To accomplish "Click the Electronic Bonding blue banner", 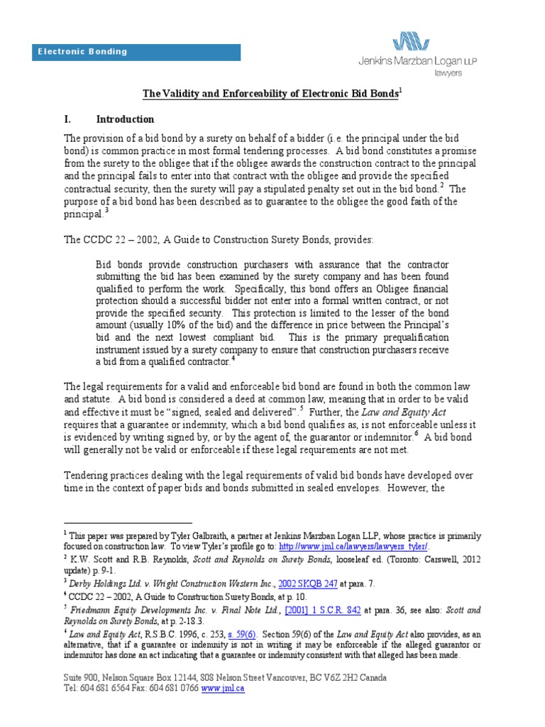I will coord(139,52).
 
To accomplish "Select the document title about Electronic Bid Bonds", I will coord(270,94).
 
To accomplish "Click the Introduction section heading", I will coord(125,119).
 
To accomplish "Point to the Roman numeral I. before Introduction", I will coord(68,119).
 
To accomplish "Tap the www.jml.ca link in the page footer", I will coord(223,688).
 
